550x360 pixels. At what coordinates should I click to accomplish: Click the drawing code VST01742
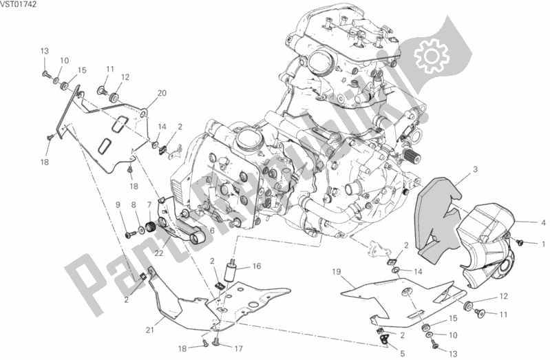click(18, 5)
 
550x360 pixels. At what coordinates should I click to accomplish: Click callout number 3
click(475, 170)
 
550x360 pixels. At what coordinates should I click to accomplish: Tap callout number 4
click(543, 223)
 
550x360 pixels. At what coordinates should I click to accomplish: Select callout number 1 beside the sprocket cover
click(543, 244)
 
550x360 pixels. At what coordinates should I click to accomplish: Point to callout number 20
click(162, 94)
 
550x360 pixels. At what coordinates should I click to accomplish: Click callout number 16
click(257, 266)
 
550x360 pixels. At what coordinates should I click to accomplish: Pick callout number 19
click(337, 272)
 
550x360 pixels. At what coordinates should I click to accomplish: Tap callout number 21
click(150, 330)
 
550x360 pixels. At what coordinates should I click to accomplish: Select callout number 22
click(159, 253)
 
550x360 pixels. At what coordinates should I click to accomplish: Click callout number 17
click(239, 349)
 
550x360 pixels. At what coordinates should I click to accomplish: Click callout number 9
click(118, 204)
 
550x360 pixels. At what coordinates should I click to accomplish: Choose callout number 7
click(149, 204)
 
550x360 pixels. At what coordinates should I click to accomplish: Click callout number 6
click(212, 231)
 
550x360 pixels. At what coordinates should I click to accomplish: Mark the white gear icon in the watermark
click(432, 56)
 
